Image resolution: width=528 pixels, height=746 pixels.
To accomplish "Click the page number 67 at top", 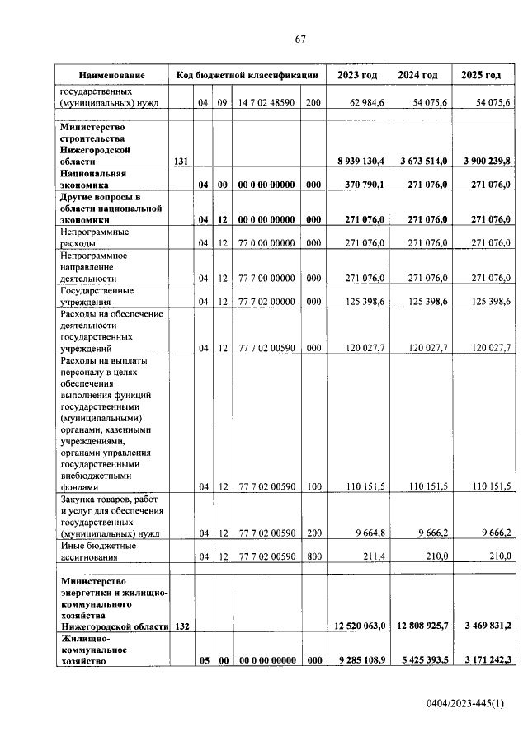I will (300, 40).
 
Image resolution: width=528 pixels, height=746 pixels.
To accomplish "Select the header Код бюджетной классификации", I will (247, 75).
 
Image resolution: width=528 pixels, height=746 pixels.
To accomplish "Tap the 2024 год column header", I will (418, 75).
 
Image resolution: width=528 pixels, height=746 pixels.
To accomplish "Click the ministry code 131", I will (181, 162).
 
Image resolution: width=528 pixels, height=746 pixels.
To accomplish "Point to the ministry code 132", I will (181, 627).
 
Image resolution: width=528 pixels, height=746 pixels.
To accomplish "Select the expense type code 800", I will (313, 558).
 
